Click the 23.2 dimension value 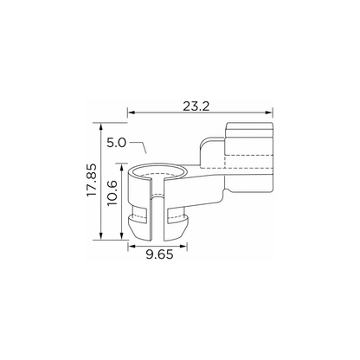(x=196, y=106)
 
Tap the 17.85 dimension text (x=92, y=180)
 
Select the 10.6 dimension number (x=112, y=193)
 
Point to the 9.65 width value (x=159, y=254)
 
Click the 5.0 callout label (x=117, y=143)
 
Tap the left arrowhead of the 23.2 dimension (x=132, y=112)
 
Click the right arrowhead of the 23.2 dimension (x=269, y=112)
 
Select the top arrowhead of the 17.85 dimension (x=100, y=126)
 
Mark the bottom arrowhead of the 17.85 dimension (x=100, y=236)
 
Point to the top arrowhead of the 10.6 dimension (x=122, y=167)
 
